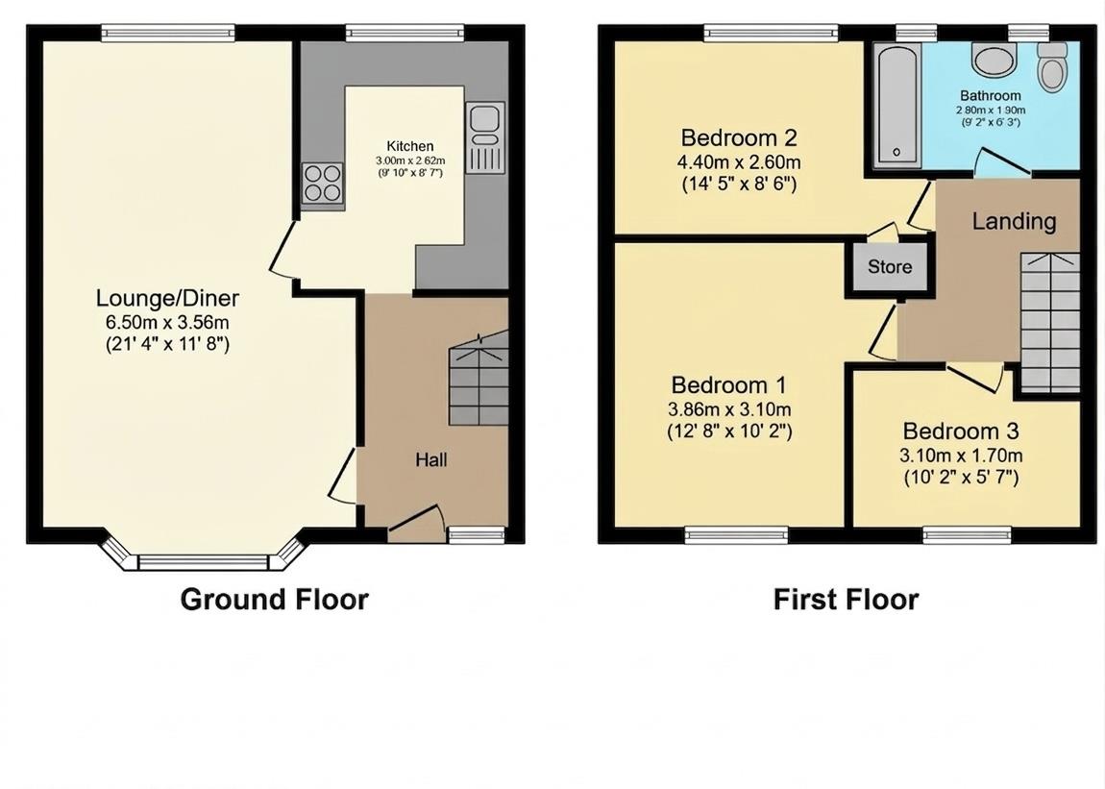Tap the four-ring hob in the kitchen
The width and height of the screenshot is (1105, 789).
click(323, 184)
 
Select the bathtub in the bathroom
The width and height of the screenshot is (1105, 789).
click(896, 106)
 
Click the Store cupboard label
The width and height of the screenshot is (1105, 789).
click(890, 267)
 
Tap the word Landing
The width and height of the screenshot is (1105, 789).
click(1014, 222)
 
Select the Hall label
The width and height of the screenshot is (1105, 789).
click(430, 460)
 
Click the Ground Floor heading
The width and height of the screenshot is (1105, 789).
click(274, 600)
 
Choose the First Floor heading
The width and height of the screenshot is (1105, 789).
click(846, 600)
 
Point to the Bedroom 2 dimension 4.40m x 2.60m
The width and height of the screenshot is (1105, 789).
click(739, 161)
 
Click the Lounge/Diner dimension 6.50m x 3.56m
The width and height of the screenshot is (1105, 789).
click(168, 322)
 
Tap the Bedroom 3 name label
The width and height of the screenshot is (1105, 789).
click(961, 431)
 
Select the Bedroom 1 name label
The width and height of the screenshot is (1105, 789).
click(728, 385)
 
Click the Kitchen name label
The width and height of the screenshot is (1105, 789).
click(410, 146)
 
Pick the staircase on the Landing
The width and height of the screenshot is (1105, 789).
click(1049, 322)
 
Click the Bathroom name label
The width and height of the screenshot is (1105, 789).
click(990, 96)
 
